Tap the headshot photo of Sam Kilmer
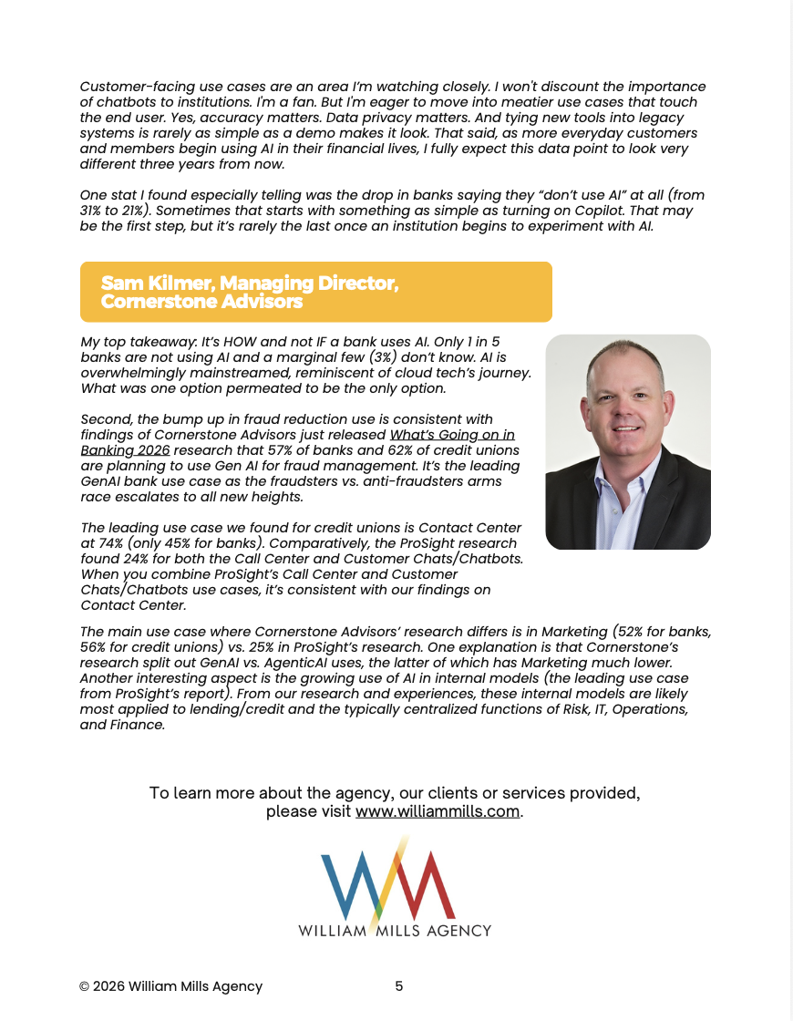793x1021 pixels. click(627, 441)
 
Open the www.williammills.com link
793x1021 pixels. click(438, 811)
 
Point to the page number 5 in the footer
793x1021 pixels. click(398, 985)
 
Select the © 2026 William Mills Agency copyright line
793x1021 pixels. click(170, 986)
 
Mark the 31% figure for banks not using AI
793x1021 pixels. click(93, 211)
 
